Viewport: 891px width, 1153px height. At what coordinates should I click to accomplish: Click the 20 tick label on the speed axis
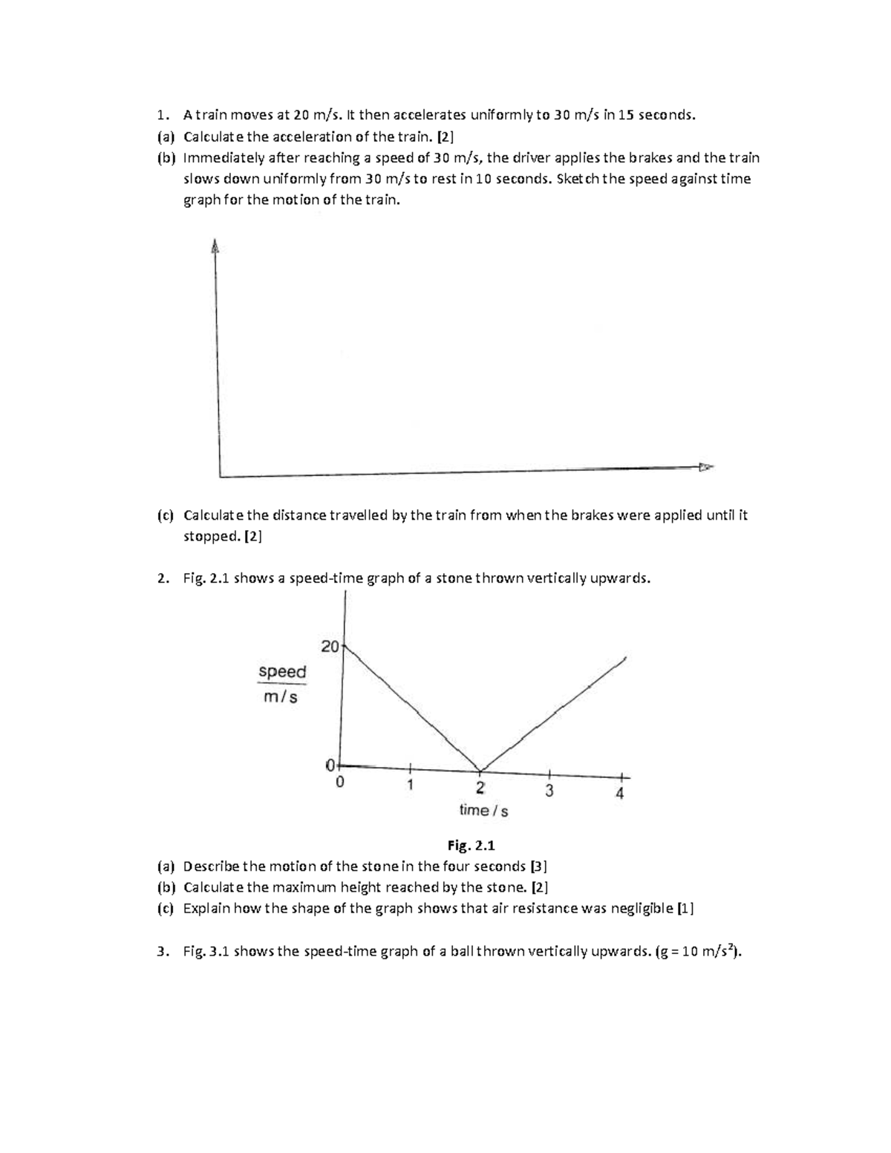coord(330,647)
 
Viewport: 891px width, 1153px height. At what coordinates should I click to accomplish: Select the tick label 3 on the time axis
coord(549,790)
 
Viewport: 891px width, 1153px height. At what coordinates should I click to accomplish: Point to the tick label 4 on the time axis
coord(620,794)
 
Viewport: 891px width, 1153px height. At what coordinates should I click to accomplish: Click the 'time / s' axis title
coord(483,811)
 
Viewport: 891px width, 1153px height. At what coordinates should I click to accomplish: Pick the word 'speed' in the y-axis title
coord(282,672)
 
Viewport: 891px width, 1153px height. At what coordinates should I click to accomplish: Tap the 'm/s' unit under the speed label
coord(281,697)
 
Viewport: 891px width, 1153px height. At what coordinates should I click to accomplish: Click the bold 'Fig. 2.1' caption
coord(471,846)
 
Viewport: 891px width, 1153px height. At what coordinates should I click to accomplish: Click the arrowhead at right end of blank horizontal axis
coord(705,467)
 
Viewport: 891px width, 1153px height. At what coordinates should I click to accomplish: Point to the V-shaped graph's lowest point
coord(481,771)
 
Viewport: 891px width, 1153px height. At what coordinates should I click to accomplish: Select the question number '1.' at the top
coord(163,115)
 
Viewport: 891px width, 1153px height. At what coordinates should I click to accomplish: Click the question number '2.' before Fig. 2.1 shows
coord(163,579)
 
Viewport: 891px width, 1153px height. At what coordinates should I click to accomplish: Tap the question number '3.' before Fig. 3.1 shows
coord(163,953)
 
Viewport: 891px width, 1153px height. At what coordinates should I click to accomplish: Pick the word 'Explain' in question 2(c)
coord(207,909)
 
